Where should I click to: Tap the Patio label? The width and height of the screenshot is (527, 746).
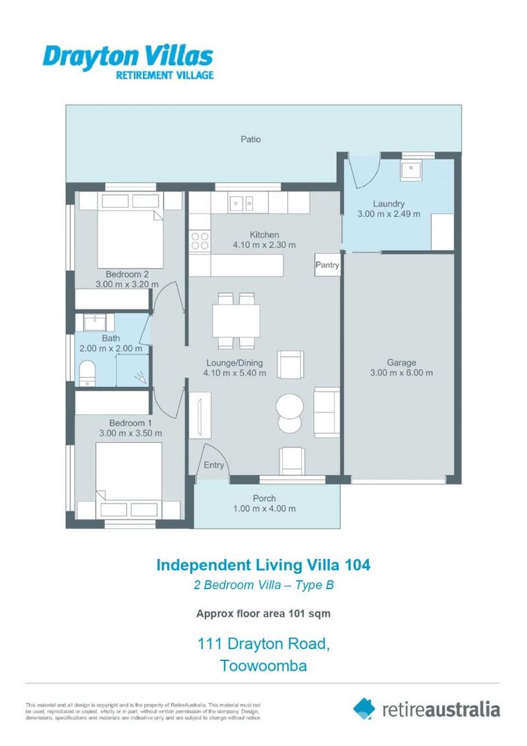coord(251,139)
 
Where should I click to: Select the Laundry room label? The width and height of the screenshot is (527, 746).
coord(388,204)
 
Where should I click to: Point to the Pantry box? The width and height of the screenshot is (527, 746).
coord(327,265)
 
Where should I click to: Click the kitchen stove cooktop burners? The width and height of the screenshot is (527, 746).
coord(200,240)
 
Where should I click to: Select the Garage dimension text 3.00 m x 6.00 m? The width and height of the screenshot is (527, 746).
coord(401,373)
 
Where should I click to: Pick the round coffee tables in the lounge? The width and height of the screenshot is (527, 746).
coord(289,412)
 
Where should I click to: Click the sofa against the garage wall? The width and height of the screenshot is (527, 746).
coord(326,412)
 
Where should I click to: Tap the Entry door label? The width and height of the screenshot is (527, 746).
coord(213,465)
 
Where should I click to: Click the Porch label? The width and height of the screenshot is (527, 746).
coord(264,498)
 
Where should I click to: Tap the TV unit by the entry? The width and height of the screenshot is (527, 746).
coord(200,416)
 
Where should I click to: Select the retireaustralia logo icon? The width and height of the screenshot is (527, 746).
coord(364,708)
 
